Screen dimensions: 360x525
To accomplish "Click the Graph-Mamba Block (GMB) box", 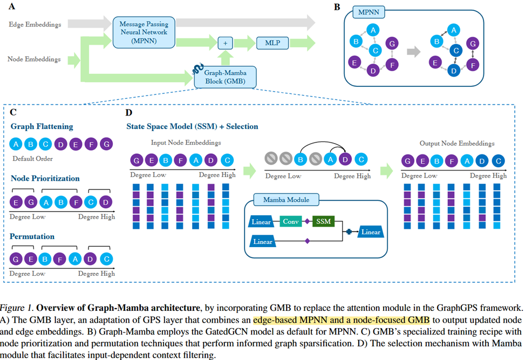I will click(x=226, y=76).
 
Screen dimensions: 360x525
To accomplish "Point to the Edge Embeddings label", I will click(x=35, y=24).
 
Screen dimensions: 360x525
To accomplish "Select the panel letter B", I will click(x=337, y=7).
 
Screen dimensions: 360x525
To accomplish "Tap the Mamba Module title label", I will click(x=286, y=200).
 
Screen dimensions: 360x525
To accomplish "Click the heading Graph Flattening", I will click(x=42, y=126).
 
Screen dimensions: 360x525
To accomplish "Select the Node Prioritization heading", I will click(x=45, y=178).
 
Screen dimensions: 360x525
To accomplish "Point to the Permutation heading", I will click(x=32, y=236).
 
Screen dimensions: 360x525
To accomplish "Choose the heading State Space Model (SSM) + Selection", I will click(x=192, y=126).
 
